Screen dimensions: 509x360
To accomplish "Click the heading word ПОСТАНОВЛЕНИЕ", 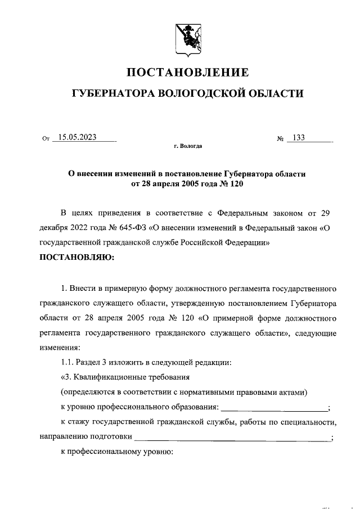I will (x=187, y=73).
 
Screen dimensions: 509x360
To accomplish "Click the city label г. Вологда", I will (x=187, y=147).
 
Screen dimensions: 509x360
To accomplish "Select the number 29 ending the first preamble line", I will (x=331, y=214).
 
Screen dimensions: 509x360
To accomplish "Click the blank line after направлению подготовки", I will (x=233, y=436).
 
